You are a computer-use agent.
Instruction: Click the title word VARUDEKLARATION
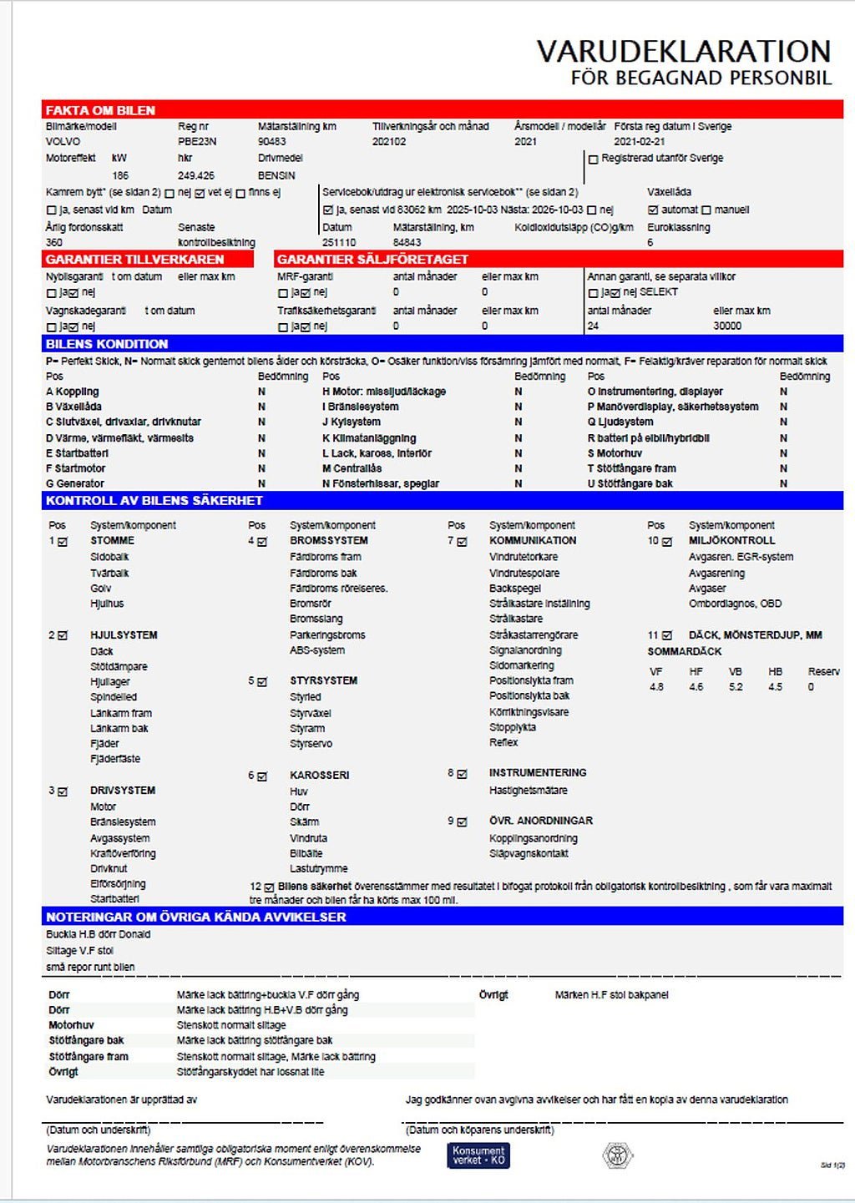click(x=683, y=52)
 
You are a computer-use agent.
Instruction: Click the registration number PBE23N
click(x=197, y=142)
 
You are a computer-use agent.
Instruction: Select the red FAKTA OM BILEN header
click(x=100, y=110)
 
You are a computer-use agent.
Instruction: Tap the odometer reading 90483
click(x=272, y=142)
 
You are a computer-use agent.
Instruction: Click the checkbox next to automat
click(x=653, y=210)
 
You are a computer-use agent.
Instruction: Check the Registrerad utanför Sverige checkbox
click(x=594, y=159)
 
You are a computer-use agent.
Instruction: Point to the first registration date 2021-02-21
click(x=640, y=142)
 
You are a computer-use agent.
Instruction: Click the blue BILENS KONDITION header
click(x=107, y=344)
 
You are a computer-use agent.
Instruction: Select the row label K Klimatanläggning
click(x=369, y=438)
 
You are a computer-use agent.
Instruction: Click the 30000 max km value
click(x=727, y=326)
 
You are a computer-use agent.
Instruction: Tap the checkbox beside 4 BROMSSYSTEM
click(x=262, y=542)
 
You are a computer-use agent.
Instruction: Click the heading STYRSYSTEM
click(x=323, y=681)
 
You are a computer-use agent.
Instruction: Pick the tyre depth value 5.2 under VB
click(x=736, y=687)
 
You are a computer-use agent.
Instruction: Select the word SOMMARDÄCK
click(x=685, y=651)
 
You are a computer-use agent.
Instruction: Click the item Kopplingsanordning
click(x=533, y=838)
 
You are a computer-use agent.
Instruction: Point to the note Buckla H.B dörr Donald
click(x=98, y=935)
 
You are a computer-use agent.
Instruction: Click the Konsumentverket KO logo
click(x=478, y=1155)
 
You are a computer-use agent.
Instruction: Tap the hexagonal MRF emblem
click(x=618, y=1155)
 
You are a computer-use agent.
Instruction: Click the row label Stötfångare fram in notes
click(x=89, y=1057)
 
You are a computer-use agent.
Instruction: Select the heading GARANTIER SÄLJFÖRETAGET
click(x=372, y=260)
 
